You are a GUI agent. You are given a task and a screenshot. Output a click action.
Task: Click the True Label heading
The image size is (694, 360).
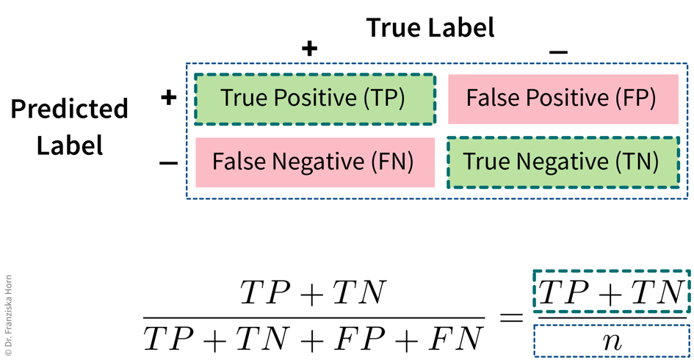pyautogui.click(x=430, y=28)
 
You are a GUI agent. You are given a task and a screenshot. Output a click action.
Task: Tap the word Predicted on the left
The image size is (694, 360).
pyautogui.click(x=70, y=109)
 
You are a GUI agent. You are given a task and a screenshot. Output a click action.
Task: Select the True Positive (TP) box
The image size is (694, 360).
pyautogui.click(x=314, y=98)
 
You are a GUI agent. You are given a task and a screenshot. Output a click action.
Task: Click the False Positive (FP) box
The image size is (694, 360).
pyautogui.click(x=562, y=98)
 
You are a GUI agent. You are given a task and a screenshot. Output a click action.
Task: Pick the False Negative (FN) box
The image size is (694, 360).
pyautogui.click(x=314, y=162)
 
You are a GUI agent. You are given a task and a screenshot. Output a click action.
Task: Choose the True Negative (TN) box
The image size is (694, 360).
pyautogui.click(x=562, y=162)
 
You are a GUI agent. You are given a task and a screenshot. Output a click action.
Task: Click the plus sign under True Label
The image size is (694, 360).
pyautogui.click(x=310, y=49)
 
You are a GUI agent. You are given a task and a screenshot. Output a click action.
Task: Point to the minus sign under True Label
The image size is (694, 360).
pyautogui.click(x=558, y=51)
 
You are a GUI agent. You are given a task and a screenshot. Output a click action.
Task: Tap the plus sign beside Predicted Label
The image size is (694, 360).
pyautogui.click(x=169, y=97)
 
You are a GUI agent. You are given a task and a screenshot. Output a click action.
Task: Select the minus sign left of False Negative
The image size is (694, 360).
pyautogui.click(x=169, y=162)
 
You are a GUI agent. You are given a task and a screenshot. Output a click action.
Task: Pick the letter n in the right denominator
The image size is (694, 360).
pyautogui.click(x=611, y=340)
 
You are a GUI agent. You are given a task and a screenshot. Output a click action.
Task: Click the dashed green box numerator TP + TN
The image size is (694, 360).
pyautogui.click(x=611, y=293)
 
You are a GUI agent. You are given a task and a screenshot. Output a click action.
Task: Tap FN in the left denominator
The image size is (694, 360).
pyautogui.click(x=455, y=339)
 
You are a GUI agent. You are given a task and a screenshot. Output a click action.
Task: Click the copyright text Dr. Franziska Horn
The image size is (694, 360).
pyautogui.click(x=9, y=317)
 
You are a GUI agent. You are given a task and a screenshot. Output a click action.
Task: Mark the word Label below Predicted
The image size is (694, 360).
pyautogui.click(x=70, y=145)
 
